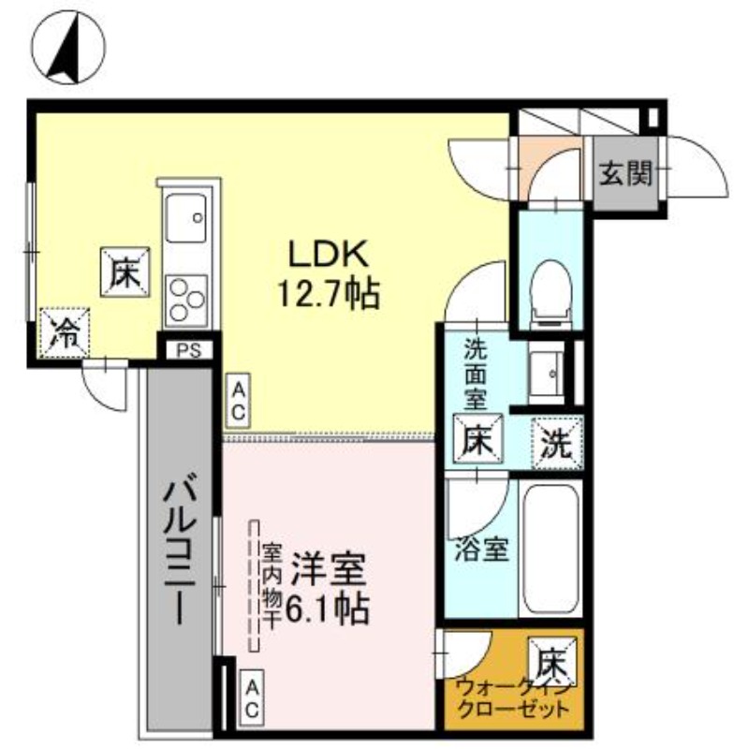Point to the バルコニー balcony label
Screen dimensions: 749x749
tap(182, 552)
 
